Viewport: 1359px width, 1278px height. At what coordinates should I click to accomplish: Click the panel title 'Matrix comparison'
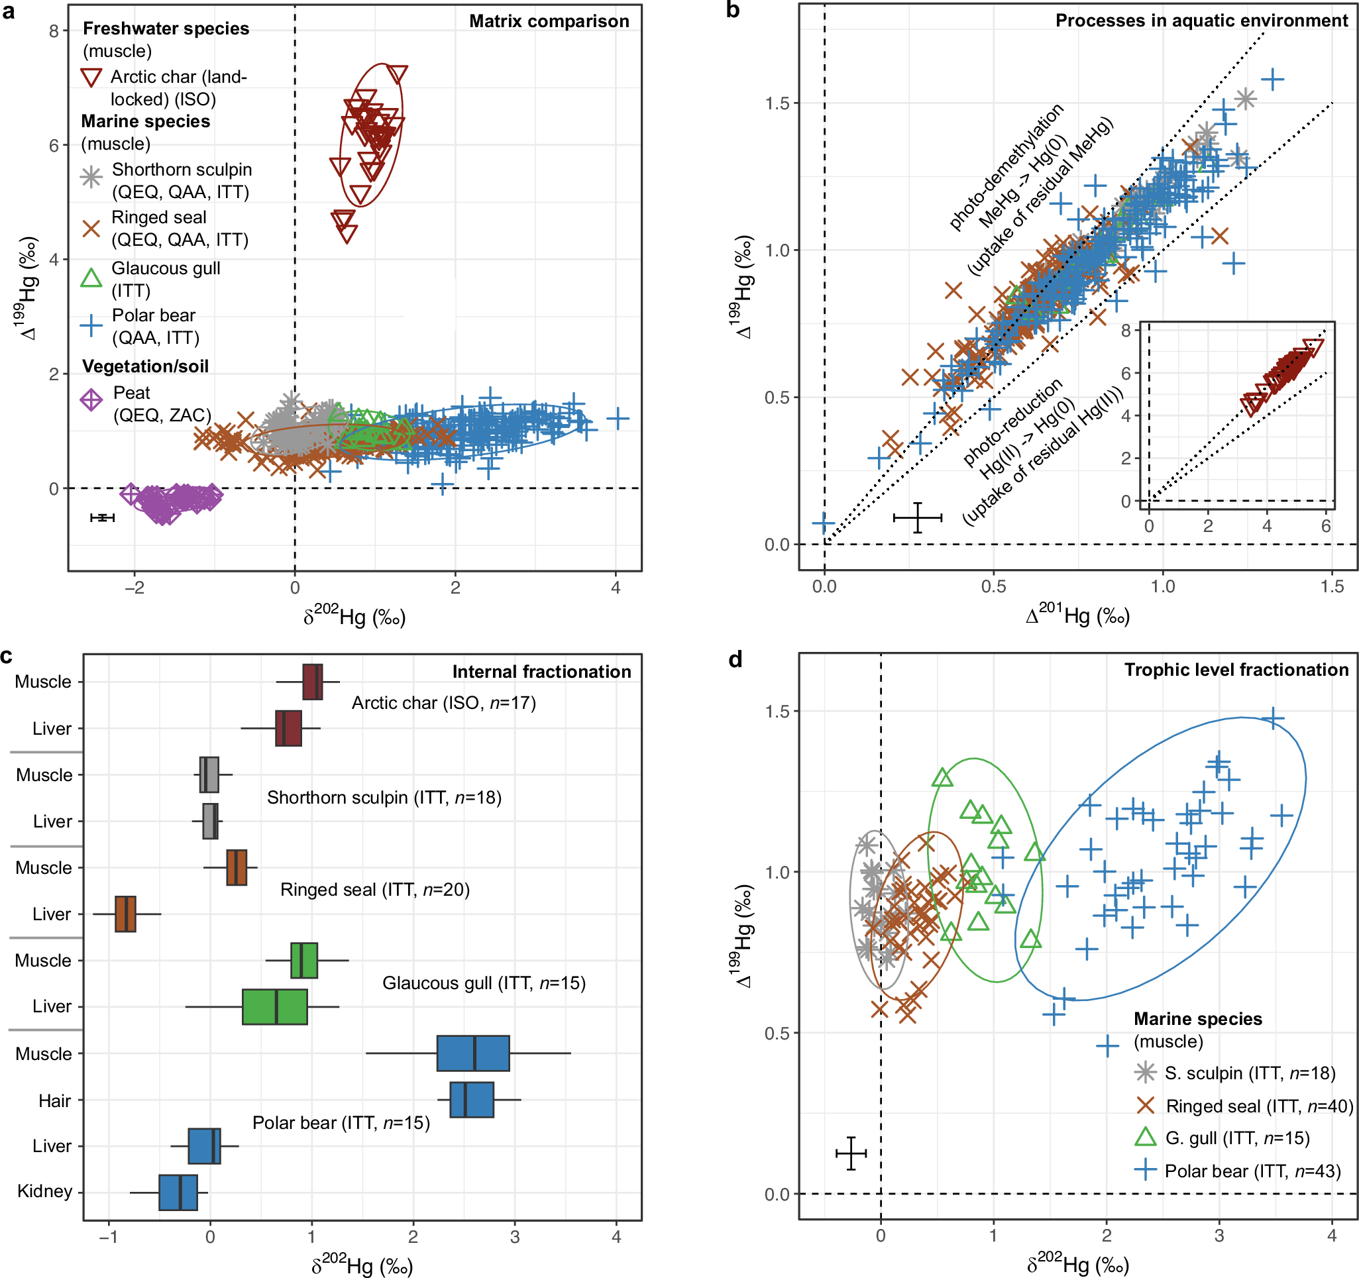coord(549,21)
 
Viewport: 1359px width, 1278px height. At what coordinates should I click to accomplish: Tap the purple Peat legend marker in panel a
coord(91,399)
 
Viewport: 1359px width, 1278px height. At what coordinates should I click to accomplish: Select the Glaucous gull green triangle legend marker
coord(91,278)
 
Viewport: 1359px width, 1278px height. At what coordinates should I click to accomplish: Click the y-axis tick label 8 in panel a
coord(53,30)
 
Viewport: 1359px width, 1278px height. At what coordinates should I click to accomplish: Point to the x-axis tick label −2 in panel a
coord(134,588)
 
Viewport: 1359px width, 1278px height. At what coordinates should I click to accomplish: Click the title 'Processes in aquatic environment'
coord(1201,21)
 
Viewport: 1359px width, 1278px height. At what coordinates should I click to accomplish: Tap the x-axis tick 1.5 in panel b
coord(1332,586)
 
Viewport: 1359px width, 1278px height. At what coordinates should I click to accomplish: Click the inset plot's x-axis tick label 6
coord(1325,525)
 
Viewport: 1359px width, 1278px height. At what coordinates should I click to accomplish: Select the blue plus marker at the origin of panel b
coord(824,524)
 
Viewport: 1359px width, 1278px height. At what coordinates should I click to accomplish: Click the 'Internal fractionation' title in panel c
coord(541,672)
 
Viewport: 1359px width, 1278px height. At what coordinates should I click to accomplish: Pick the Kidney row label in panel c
coord(44,1191)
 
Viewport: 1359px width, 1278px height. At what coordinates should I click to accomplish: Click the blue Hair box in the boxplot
coord(471,1100)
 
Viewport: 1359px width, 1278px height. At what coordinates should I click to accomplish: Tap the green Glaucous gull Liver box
coord(275,1006)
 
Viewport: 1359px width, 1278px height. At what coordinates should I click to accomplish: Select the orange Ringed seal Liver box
coord(126,914)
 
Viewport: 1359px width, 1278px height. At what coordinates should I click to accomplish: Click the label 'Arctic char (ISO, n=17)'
coord(443,702)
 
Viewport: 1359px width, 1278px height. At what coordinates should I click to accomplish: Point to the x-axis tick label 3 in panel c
coord(515,1237)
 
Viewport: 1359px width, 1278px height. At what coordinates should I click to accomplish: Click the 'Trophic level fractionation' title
coord(1236,670)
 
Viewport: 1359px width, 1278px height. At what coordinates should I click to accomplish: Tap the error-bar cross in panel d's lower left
coord(851,1153)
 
